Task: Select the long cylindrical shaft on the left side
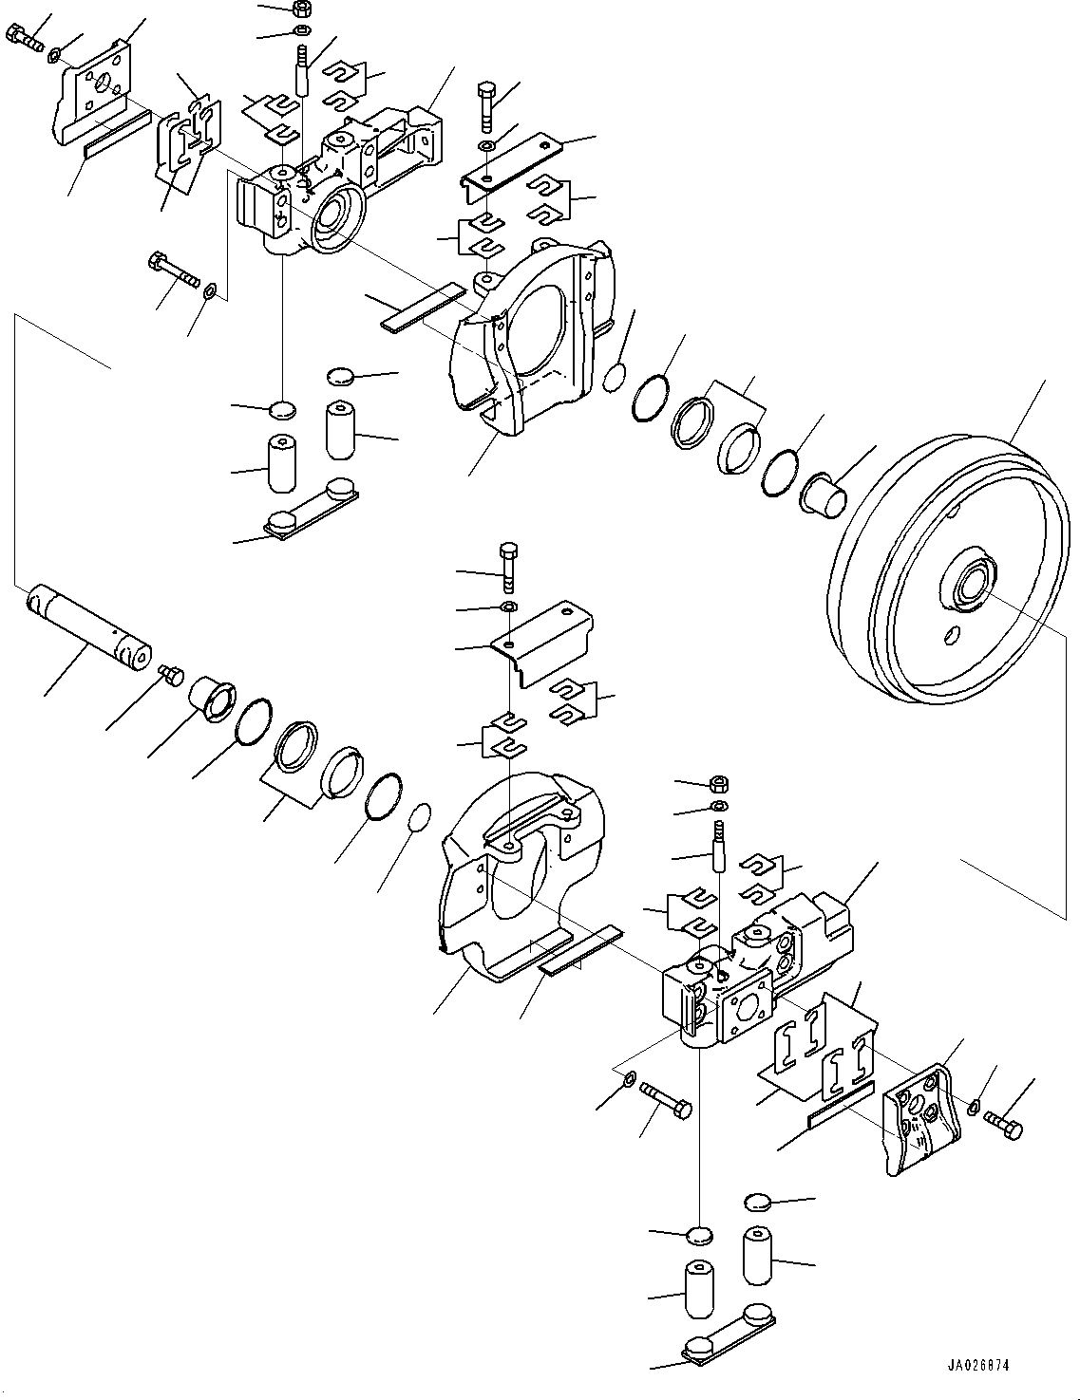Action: click(x=87, y=627)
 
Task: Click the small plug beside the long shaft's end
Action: click(x=170, y=675)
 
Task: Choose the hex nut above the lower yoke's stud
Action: click(x=719, y=784)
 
